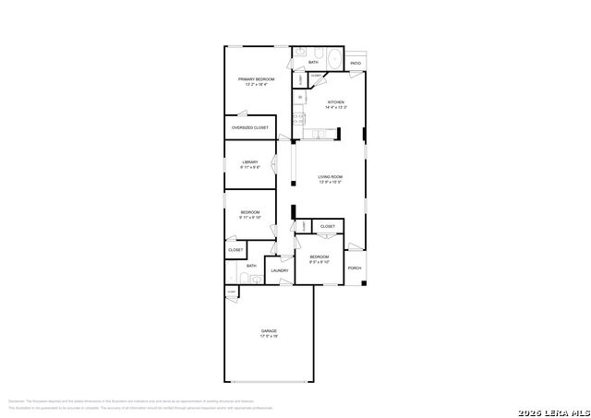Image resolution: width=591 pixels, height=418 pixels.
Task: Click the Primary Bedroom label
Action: tap(256, 79)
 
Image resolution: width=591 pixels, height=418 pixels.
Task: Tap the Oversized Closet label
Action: tap(250, 127)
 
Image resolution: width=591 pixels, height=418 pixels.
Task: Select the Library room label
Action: tap(250, 162)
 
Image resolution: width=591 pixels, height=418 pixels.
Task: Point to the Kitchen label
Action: tap(336, 102)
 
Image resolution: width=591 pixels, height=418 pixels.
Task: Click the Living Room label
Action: tap(331, 176)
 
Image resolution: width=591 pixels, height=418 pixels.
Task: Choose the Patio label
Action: tap(356, 64)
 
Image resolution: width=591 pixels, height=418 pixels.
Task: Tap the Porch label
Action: tap(355, 268)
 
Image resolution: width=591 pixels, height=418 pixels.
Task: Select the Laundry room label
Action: tap(279, 270)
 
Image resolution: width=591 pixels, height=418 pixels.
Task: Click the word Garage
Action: tap(268, 330)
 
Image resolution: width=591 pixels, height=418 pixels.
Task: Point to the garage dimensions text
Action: tap(268, 336)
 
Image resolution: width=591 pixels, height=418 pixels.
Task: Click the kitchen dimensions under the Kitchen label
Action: tap(336, 107)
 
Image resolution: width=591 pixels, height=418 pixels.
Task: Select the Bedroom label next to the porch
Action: tap(320, 256)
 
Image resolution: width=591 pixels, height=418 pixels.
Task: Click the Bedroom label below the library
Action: tap(250, 212)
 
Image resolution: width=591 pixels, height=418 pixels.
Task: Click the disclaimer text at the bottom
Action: tap(139, 404)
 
